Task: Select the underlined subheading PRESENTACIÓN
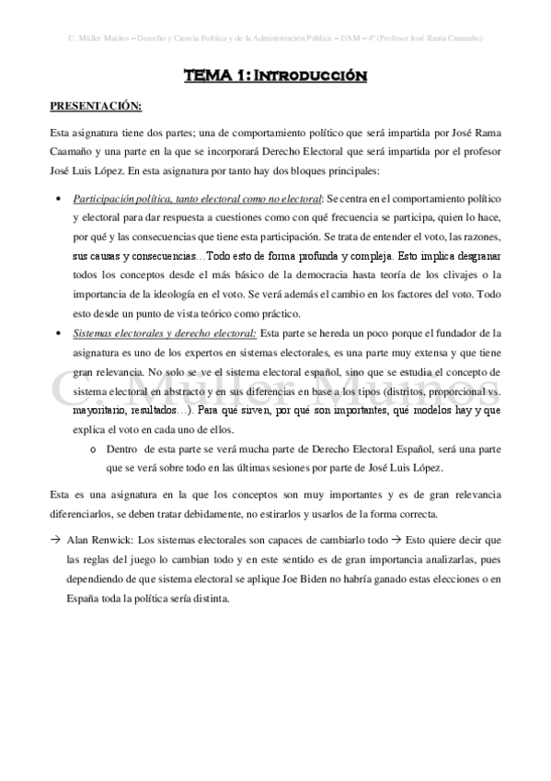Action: pyautogui.click(x=96, y=106)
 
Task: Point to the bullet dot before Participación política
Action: pyautogui.click(x=58, y=199)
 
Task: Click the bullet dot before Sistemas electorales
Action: pyautogui.click(x=58, y=332)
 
